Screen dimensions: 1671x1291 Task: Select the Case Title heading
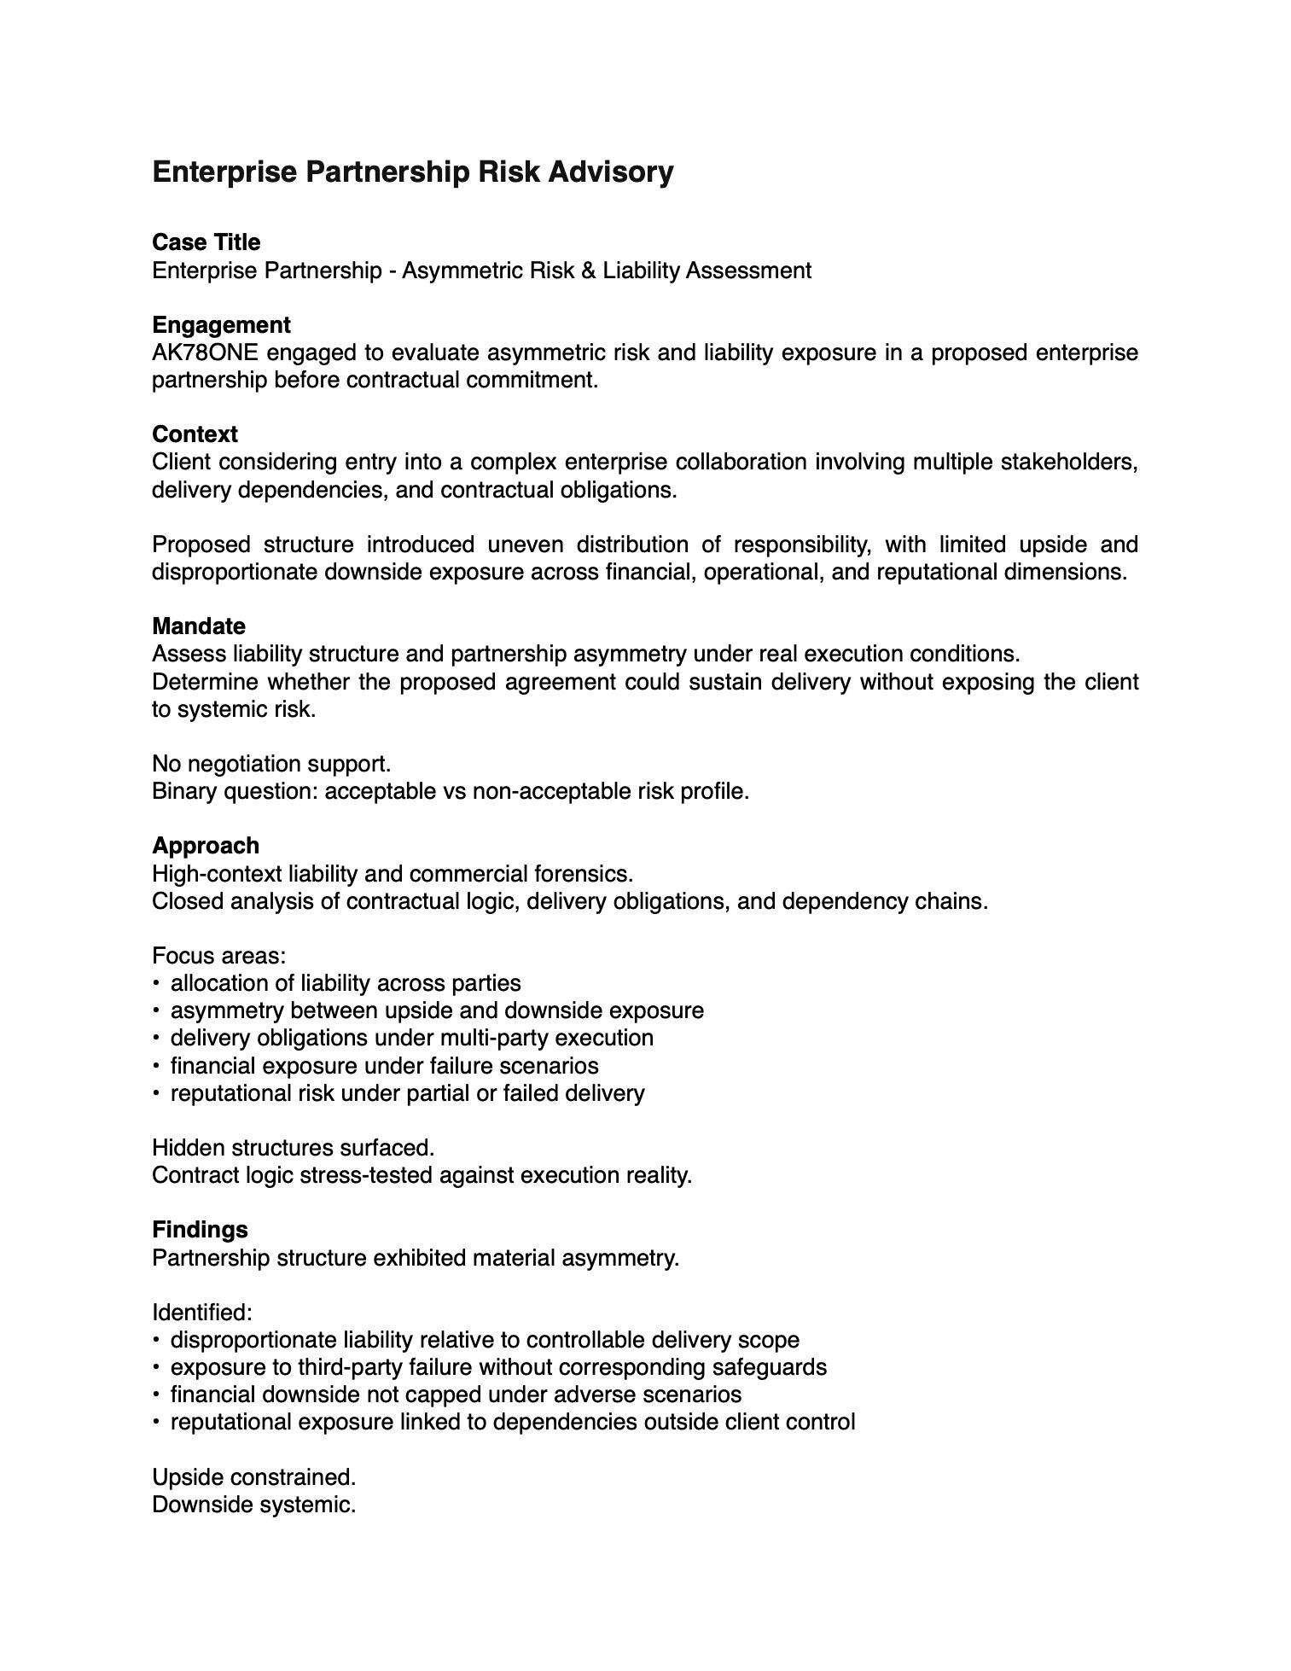point(206,242)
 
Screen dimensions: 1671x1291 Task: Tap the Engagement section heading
point(221,325)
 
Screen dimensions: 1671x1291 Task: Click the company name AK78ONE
point(205,352)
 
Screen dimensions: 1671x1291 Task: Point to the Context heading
point(195,434)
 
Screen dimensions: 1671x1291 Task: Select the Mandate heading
point(199,626)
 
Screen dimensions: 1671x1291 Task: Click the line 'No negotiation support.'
point(271,764)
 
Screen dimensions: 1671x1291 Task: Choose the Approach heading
point(206,846)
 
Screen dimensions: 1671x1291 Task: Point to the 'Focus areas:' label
point(218,956)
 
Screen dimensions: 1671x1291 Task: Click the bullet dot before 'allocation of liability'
point(156,983)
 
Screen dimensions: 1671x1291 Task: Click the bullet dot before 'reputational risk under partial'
point(156,1093)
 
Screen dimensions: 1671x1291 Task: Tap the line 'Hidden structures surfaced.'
point(293,1148)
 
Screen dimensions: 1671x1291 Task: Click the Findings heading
point(200,1230)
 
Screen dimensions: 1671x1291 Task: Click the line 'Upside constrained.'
point(253,1477)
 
